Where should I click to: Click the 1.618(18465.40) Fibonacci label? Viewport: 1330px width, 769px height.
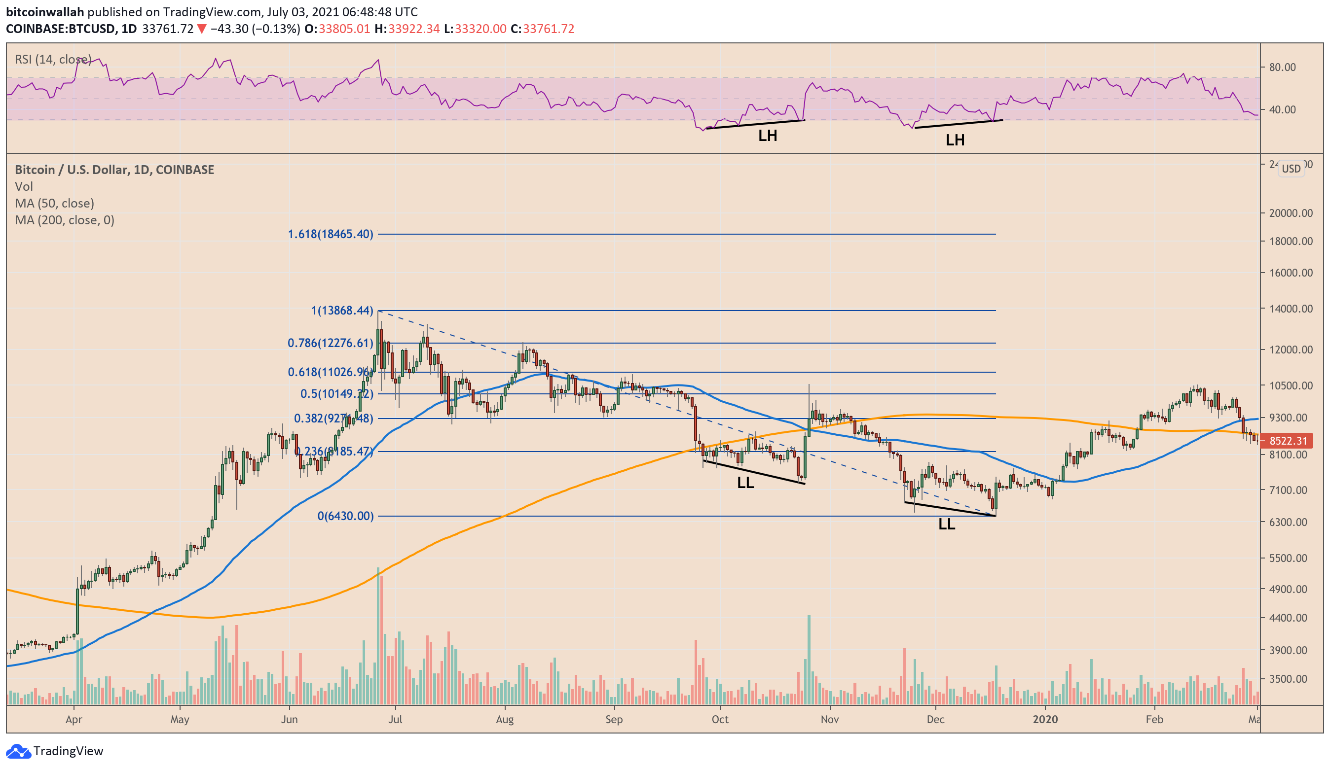pyautogui.click(x=330, y=234)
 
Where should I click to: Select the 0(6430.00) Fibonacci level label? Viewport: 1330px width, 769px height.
pyautogui.click(x=345, y=516)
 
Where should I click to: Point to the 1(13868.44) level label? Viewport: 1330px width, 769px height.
pyautogui.click(x=342, y=310)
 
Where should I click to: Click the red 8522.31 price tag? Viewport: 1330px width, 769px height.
pyautogui.click(x=1288, y=440)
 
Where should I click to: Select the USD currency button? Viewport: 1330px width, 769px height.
pyautogui.click(x=1291, y=169)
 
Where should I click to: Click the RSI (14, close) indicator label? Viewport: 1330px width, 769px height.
pyautogui.click(x=53, y=59)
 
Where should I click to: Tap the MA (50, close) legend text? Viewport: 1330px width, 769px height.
pyautogui.click(x=54, y=203)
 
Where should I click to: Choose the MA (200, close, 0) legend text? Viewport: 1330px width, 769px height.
pyautogui.click(x=65, y=220)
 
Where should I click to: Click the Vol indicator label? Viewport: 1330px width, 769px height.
pyautogui.click(x=24, y=186)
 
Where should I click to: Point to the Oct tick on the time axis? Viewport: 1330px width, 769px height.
pyautogui.click(x=720, y=719)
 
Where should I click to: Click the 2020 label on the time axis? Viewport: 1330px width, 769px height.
pyautogui.click(x=1045, y=719)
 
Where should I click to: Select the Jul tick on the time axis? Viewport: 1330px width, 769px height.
pyautogui.click(x=395, y=719)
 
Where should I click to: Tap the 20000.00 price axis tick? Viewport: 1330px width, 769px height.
pyautogui.click(x=1291, y=213)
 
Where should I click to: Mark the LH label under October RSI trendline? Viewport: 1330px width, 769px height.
pyautogui.click(x=768, y=136)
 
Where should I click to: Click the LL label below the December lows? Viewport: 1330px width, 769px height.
pyautogui.click(x=946, y=524)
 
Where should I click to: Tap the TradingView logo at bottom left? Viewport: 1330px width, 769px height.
pyautogui.click(x=54, y=751)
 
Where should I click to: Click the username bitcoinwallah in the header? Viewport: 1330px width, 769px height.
pyautogui.click(x=45, y=12)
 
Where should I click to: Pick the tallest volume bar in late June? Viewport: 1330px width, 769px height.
pyautogui.click(x=378, y=635)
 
